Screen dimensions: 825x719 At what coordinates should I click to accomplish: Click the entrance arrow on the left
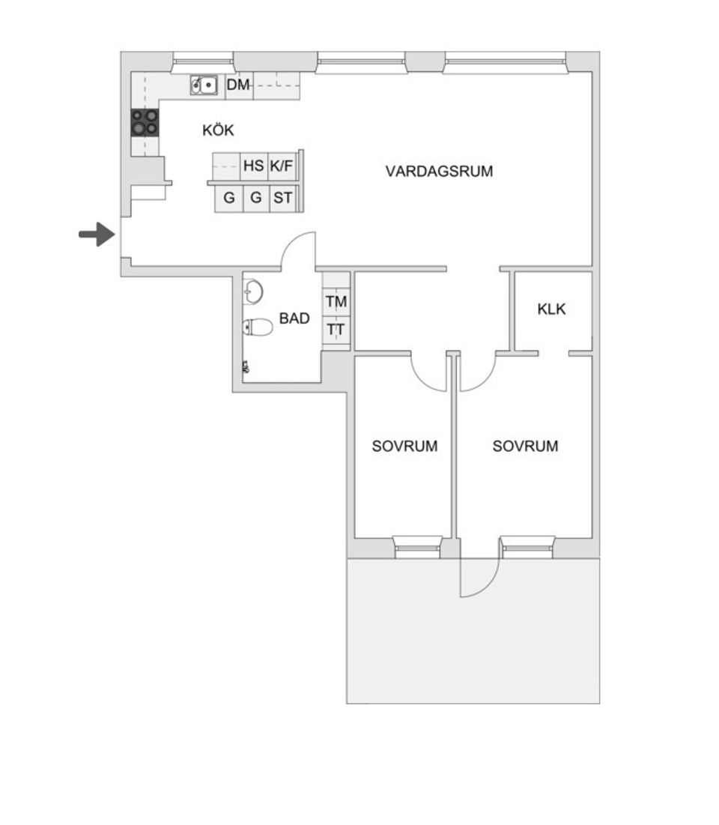coord(96,235)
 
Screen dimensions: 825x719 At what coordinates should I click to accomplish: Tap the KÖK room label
coord(218,130)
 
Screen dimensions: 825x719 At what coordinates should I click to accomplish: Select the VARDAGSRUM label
coord(439,171)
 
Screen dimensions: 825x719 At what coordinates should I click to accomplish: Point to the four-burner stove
coord(145,122)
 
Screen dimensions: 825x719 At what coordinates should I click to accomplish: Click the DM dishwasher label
coord(238,85)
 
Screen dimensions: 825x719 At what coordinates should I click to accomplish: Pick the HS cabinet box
coord(254,166)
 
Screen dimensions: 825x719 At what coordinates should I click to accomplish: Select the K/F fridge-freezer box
coord(282,166)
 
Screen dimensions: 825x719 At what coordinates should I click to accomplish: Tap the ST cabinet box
coord(282,199)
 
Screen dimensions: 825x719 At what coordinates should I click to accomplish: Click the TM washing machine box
coord(336,303)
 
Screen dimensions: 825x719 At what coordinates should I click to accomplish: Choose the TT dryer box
coord(336,329)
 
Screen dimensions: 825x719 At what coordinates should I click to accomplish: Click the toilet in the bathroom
coord(257,327)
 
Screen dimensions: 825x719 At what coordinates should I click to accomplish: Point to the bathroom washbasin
coord(252,291)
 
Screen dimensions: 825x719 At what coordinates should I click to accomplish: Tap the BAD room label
coord(294,318)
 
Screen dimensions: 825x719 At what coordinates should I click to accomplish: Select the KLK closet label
coord(552,309)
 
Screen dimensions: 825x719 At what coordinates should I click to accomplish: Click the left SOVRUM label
coord(404,447)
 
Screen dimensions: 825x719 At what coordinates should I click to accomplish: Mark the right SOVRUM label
coord(525,447)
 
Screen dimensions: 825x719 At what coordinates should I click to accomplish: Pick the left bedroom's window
coord(419,547)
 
